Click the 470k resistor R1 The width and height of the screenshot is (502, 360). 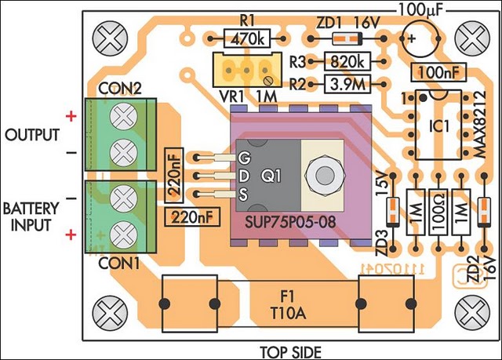(x=247, y=36)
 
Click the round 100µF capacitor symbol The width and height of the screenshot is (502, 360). (x=416, y=38)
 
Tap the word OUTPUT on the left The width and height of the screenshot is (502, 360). (x=32, y=135)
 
